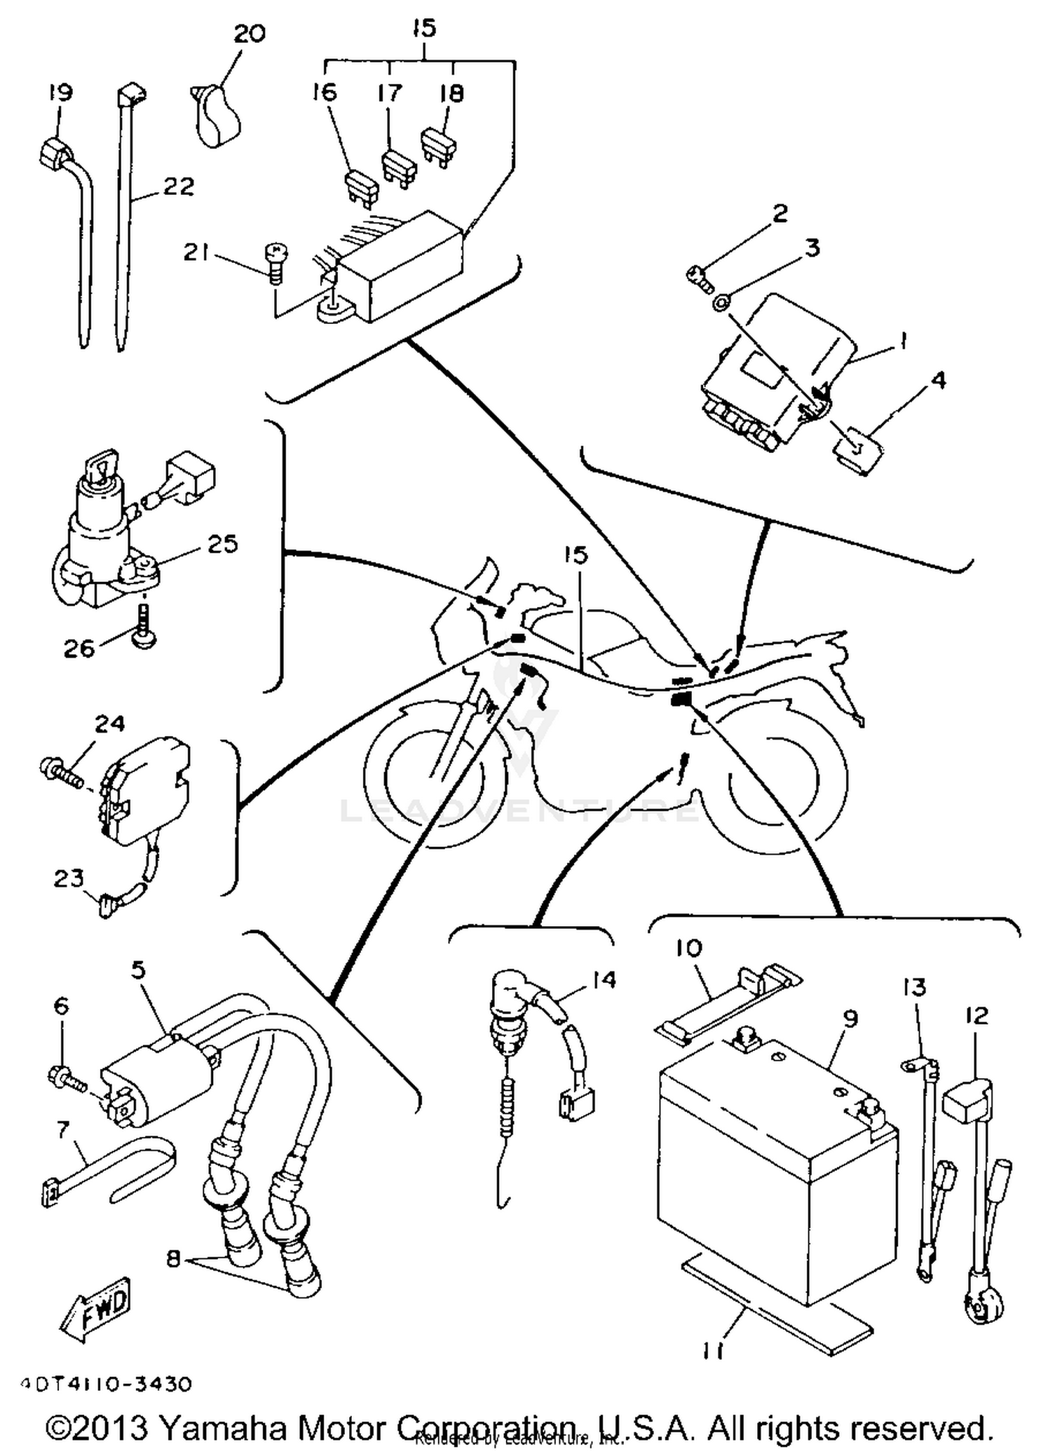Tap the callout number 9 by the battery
pyautogui.click(x=849, y=1018)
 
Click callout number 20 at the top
pyautogui.click(x=248, y=33)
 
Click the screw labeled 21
pyautogui.click(x=276, y=262)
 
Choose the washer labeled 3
pyautogui.click(x=722, y=302)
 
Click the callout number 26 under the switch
pyautogui.click(x=78, y=649)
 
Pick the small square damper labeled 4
pyautogui.click(x=859, y=450)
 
